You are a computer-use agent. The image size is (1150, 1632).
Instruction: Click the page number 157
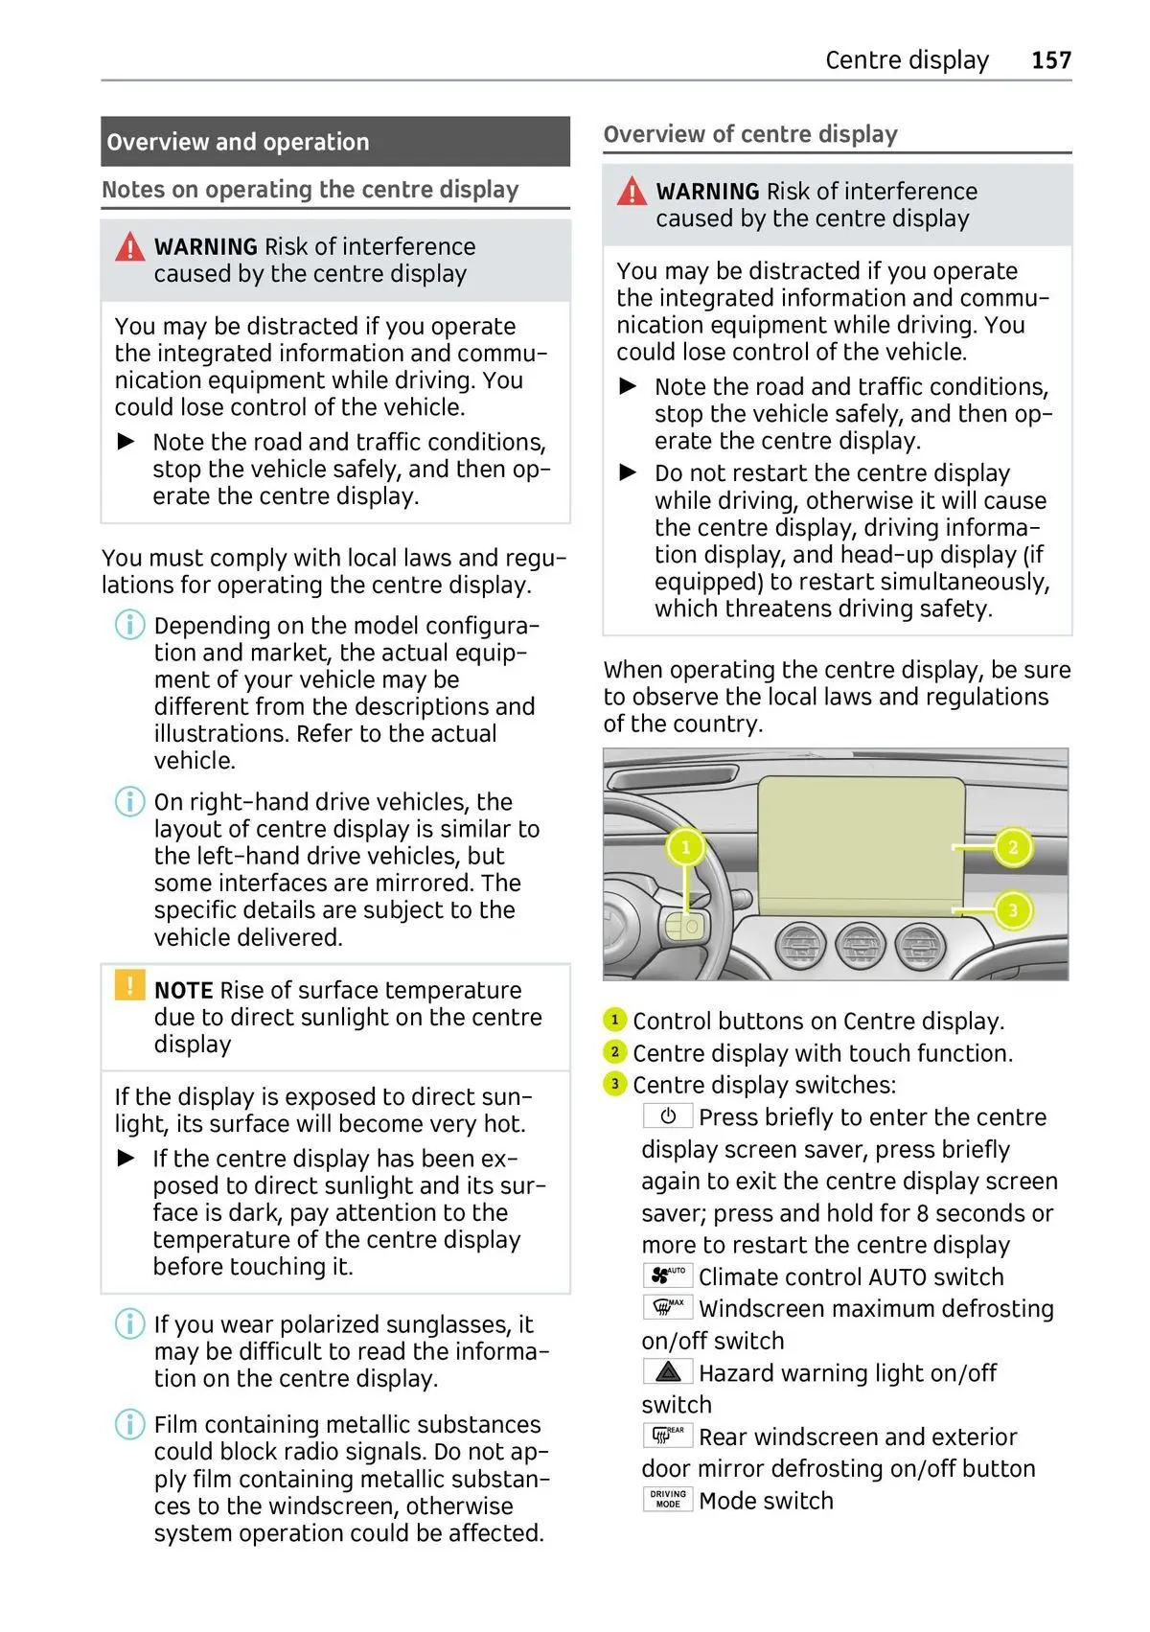(1050, 60)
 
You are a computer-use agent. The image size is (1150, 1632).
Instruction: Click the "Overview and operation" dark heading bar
(334, 142)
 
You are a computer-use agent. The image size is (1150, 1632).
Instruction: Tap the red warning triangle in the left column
(129, 248)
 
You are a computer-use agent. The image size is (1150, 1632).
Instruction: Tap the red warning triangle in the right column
(632, 192)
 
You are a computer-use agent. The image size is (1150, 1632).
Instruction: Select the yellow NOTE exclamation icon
(129, 985)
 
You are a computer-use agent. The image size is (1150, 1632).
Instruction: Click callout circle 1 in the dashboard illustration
(685, 846)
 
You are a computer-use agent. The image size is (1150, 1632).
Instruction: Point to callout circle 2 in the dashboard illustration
(1013, 847)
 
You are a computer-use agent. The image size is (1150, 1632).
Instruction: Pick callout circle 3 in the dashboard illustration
(1013, 909)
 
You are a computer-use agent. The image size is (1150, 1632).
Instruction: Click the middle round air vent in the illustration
(860, 947)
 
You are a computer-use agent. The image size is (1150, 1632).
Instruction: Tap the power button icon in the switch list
(668, 1116)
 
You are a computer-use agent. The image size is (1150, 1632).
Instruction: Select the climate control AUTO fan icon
(668, 1276)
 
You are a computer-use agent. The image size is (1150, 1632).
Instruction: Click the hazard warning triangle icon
(668, 1372)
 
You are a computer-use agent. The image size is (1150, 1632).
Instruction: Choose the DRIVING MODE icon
(668, 1500)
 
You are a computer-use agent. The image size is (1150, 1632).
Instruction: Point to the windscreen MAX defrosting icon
(668, 1307)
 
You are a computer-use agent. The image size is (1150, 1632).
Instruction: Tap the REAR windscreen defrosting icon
(668, 1436)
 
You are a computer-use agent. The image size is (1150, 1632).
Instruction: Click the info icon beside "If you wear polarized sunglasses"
(129, 1323)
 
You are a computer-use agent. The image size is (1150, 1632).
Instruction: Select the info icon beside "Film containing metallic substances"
(129, 1424)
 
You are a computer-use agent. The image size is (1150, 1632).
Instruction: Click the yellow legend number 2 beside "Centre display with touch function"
(614, 1052)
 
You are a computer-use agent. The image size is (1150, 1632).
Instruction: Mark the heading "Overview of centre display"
(750, 134)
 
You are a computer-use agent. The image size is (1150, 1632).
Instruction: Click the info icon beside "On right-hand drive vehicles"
(129, 801)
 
